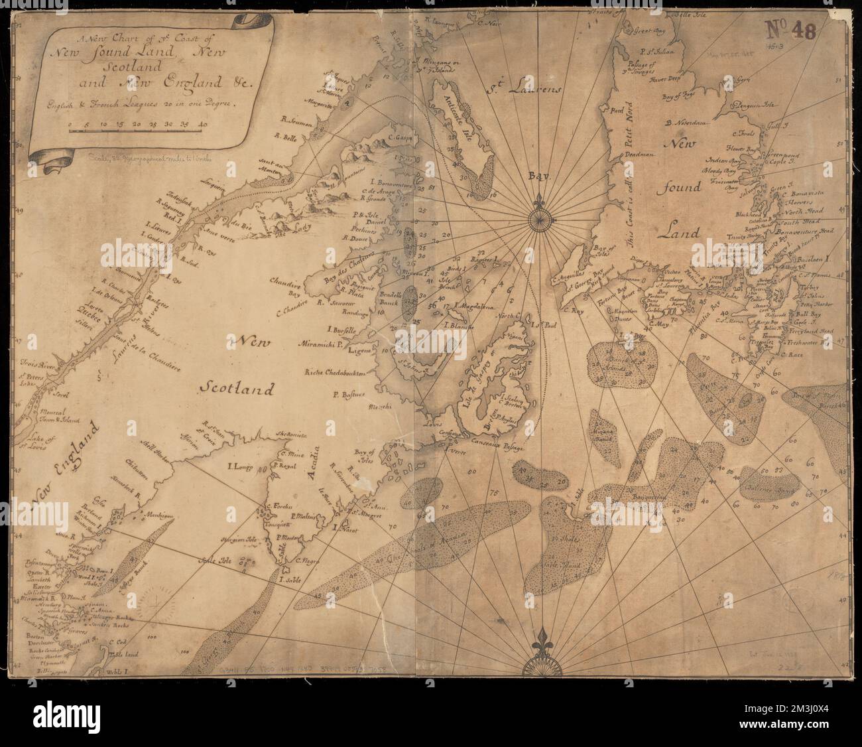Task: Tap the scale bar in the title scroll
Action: pos(135,132)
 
